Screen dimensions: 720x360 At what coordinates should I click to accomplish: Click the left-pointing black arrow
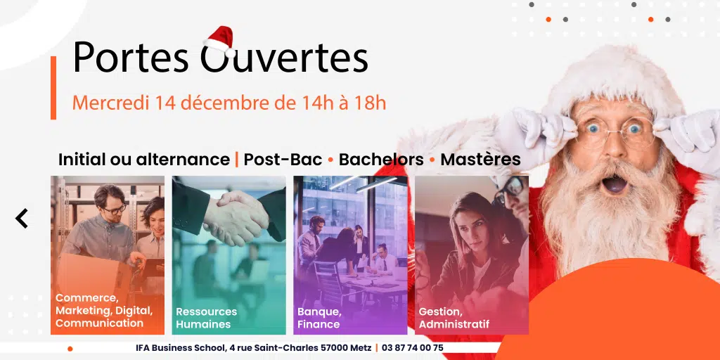[x=22, y=218]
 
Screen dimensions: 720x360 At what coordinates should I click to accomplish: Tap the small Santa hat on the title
[x=220, y=40]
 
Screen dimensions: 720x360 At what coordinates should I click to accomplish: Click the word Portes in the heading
[x=131, y=58]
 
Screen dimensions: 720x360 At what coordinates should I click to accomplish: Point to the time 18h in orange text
[x=370, y=103]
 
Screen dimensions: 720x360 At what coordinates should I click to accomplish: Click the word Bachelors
[x=381, y=160]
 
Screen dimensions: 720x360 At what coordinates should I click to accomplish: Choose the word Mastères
[x=481, y=160]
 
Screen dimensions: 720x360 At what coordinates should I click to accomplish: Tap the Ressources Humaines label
[x=206, y=318]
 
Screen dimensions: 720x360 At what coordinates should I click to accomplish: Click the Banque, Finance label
[x=319, y=318]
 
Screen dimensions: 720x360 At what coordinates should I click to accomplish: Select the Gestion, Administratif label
[x=454, y=318]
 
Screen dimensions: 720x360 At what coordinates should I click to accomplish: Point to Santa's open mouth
[x=615, y=184]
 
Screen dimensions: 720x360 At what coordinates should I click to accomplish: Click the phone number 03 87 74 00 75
[x=412, y=347]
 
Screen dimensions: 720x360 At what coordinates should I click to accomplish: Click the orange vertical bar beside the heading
[x=53, y=88]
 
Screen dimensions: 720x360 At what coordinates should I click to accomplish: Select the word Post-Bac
[x=283, y=160]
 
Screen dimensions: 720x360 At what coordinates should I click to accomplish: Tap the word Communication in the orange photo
[x=99, y=323]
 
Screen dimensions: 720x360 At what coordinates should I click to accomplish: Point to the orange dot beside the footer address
[x=70, y=349]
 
